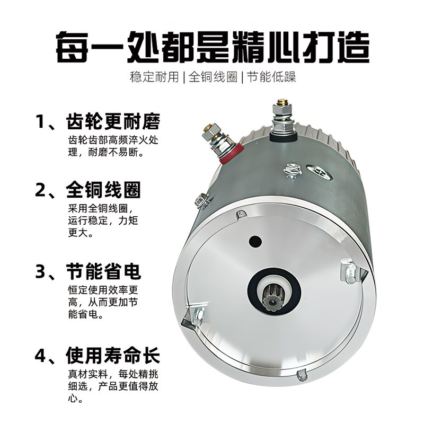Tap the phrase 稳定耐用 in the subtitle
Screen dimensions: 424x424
154,77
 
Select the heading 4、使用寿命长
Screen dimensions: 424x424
98,354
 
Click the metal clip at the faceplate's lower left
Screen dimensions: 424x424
196,318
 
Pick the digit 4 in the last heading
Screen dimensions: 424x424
41,354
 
